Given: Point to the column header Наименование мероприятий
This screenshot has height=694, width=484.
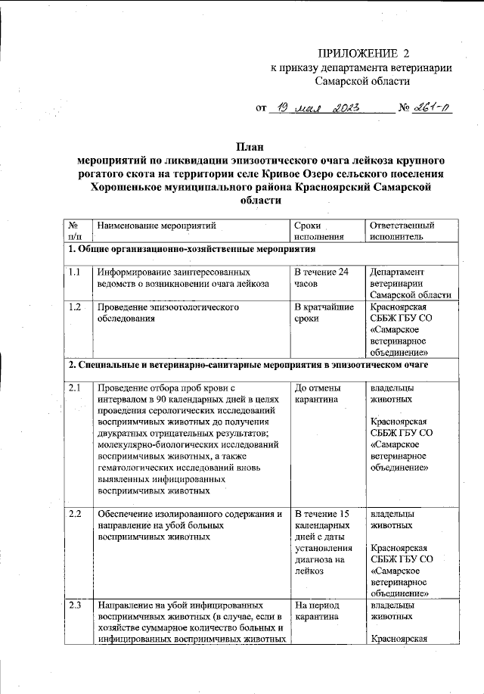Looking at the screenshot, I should click(x=157, y=226).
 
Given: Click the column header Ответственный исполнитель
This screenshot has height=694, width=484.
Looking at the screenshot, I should click(x=402, y=231).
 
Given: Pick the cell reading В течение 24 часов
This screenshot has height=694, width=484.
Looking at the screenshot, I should click(x=321, y=277).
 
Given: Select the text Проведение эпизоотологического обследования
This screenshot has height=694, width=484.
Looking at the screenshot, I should click(x=168, y=313).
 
